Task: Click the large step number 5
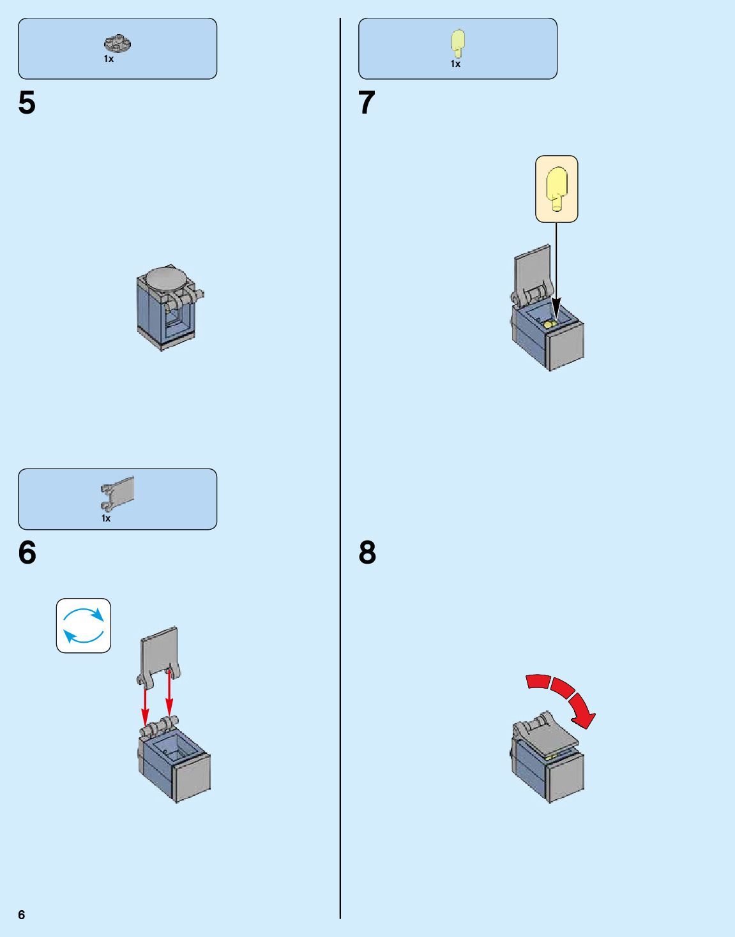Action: click(x=27, y=103)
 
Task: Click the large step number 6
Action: click(x=27, y=553)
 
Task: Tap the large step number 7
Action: click(x=367, y=103)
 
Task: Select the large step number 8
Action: click(x=367, y=553)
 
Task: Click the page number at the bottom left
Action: click(x=22, y=915)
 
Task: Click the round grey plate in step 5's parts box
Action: click(x=117, y=43)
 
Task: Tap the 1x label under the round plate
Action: click(x=109, y=59)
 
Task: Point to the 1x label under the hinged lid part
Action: click(x=106, y=518)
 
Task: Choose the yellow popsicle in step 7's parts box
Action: click(x=458, y=42)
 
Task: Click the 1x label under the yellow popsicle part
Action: click(x=455, y=64)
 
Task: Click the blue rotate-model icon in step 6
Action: click(x=84, y=626)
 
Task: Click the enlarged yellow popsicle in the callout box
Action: click(x=557, y=187)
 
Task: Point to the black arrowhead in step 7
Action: click(x=556, y=307)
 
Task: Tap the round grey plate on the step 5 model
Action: click(x=166, y=278)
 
